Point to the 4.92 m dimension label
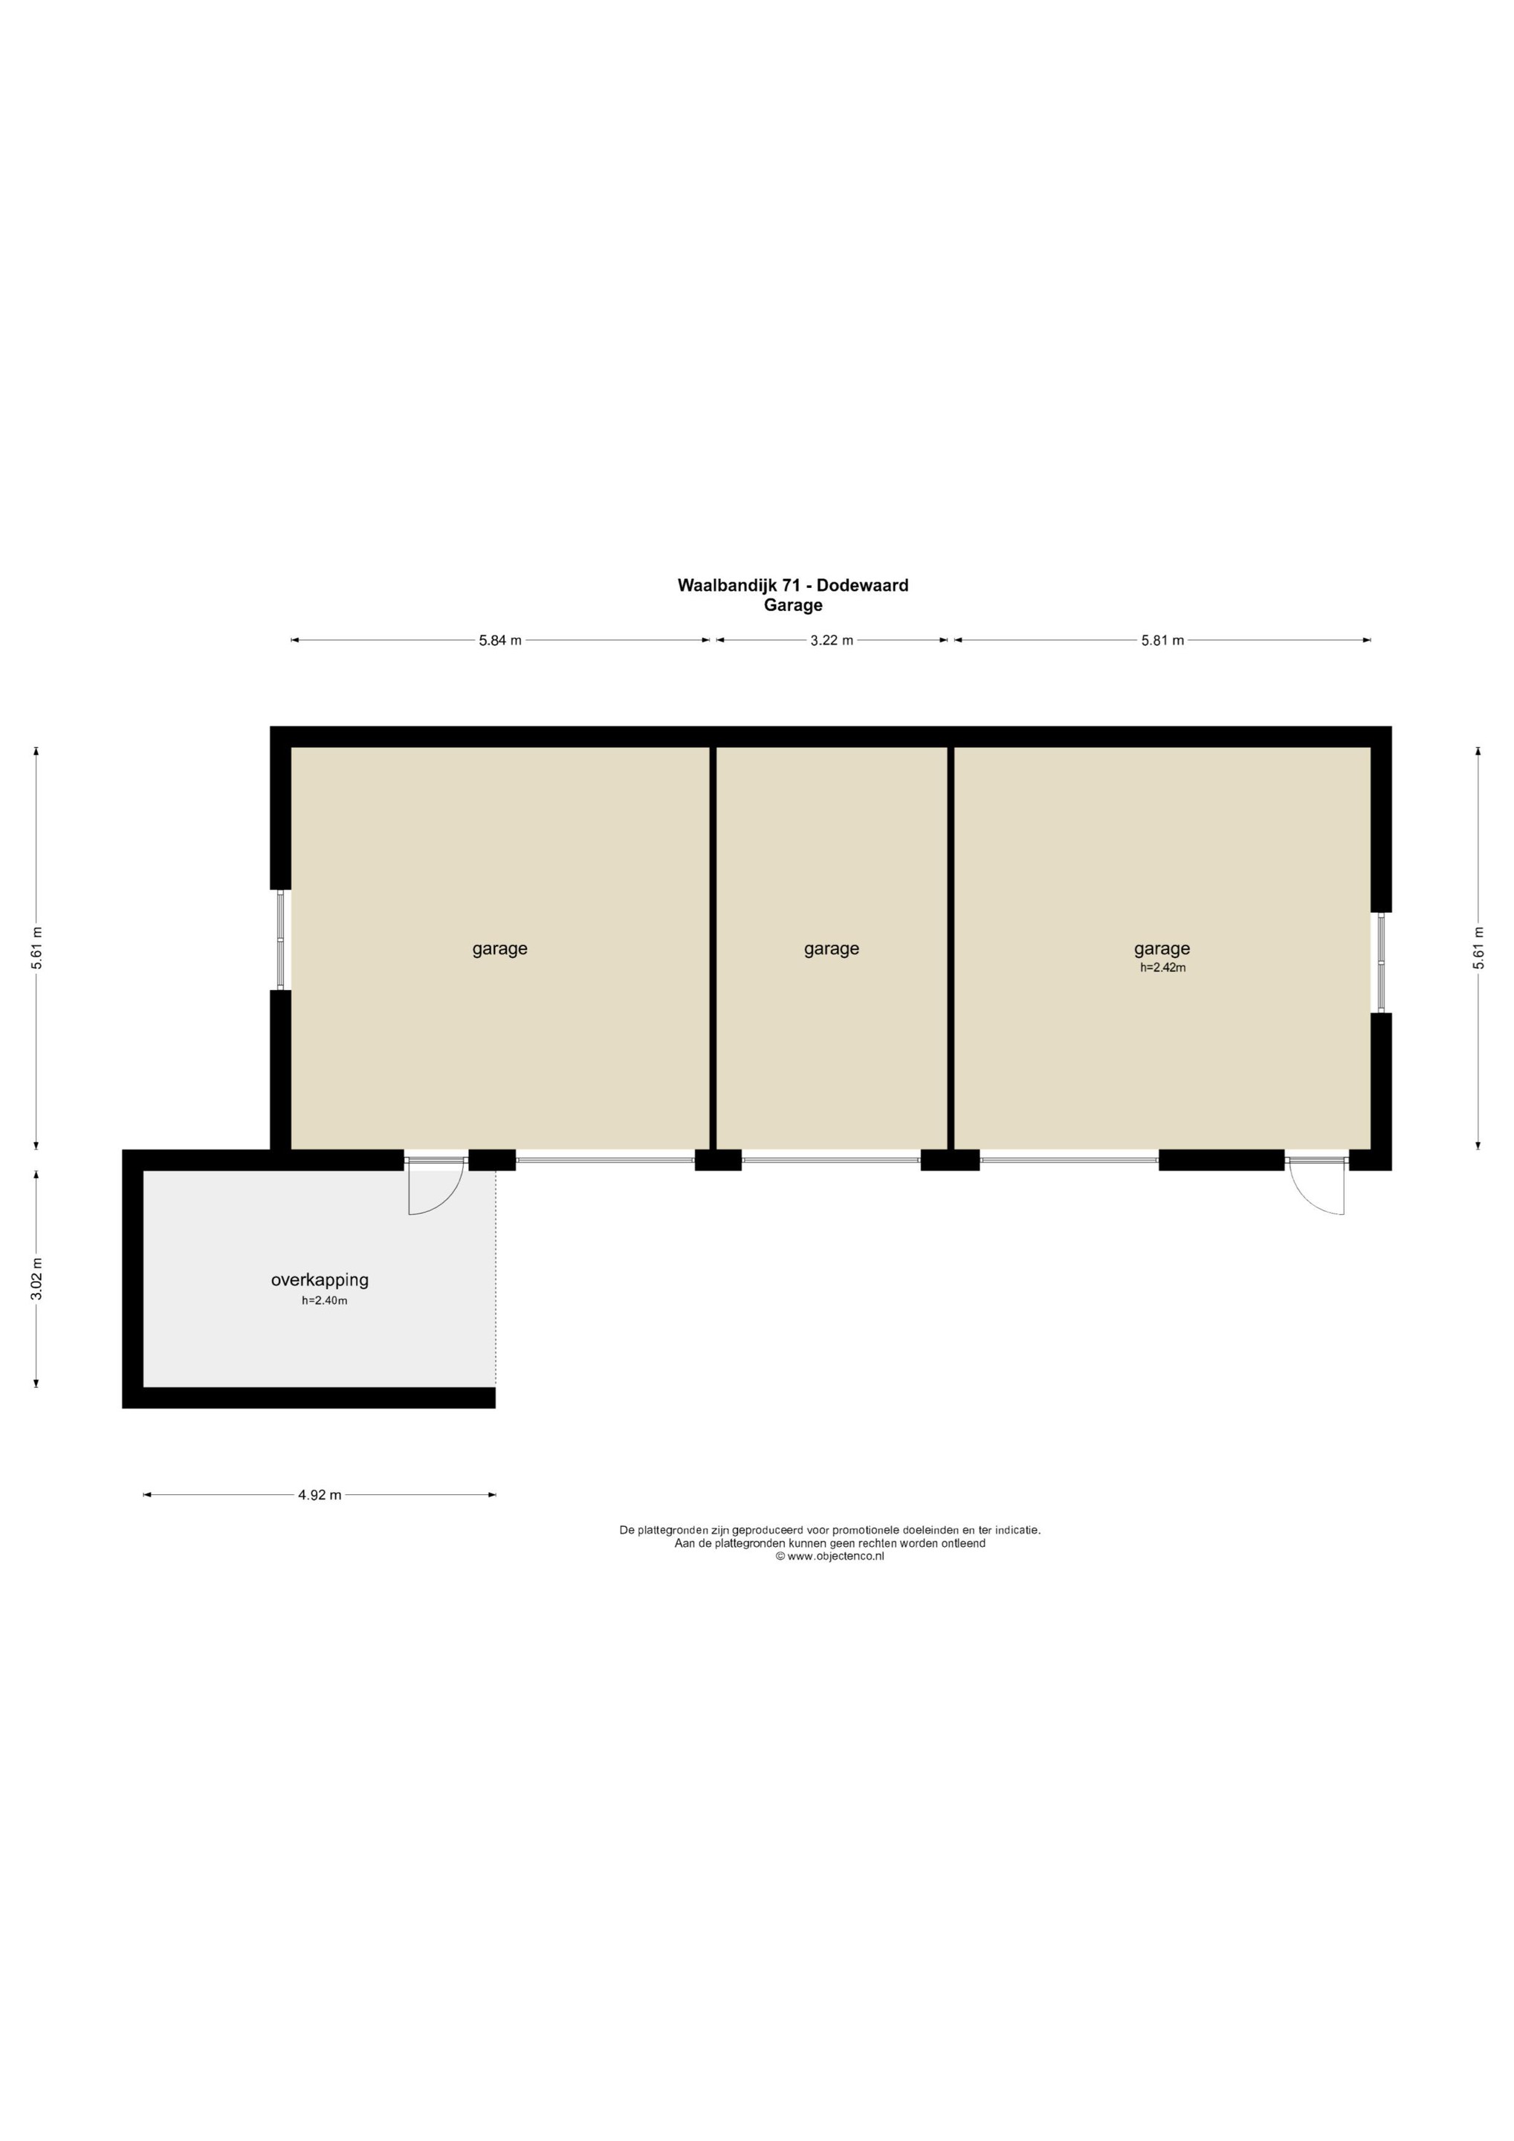coord(320,1495)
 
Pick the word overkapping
coord(320,1280)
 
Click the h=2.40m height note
coord(324,1301)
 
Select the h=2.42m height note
coord(1162,968)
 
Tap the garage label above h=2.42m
coord(1162,949)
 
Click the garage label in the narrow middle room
coord(832,949)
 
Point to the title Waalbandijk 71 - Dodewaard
coord(792,586)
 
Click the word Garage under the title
coord(792,605)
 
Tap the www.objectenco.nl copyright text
coord(829,1557)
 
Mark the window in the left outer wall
coord(281,940)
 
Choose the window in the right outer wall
coord(1382,962)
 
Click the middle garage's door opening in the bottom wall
coord(831,1160)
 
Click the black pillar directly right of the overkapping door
coord(492,1160)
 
